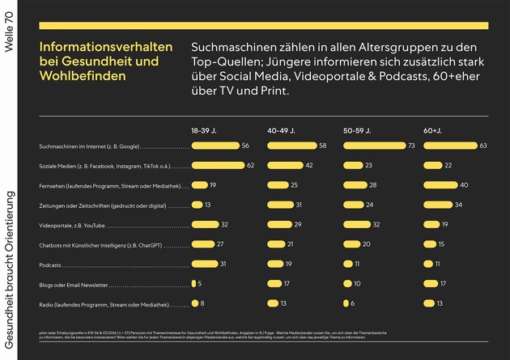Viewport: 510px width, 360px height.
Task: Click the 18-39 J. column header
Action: [x=204, y=130]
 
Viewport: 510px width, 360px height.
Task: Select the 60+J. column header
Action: [x=432, y=130]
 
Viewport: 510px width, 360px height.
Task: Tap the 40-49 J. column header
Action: [x=281, y=130]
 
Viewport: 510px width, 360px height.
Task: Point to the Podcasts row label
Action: [x=51, y=264]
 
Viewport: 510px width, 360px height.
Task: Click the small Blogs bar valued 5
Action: [x=193, y=283]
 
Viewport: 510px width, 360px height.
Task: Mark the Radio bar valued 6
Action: [x=346, y=303]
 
